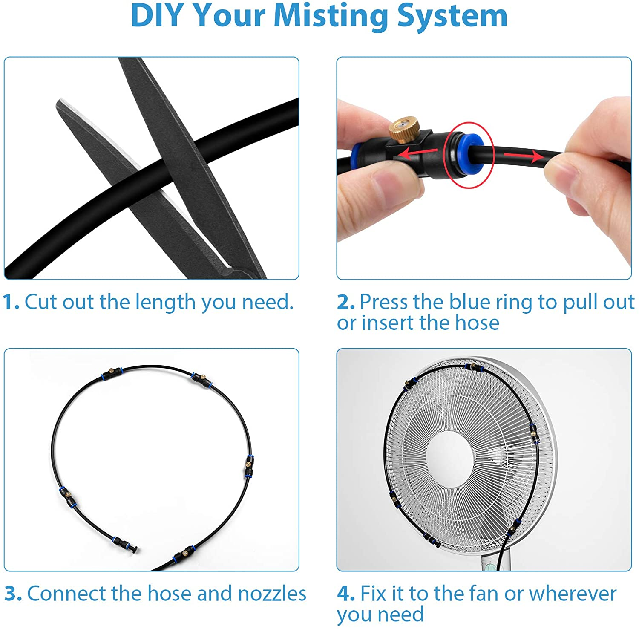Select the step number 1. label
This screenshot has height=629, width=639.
(x=11, y=302)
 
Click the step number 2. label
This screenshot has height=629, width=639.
(x=346, y=302)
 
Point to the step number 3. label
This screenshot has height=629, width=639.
(x=13, y=594)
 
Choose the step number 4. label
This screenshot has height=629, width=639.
(x=346, y=594)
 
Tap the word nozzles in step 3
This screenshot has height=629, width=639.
(x=272, y=594)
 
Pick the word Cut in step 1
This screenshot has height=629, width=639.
(x=41, y=302)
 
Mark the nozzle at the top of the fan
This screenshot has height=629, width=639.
(x=474, y=367)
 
